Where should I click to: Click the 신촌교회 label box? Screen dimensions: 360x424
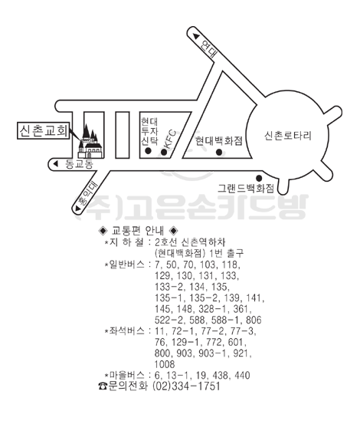(43, 130)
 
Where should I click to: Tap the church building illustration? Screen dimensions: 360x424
(90, 141)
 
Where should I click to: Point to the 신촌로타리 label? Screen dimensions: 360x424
(288, 136)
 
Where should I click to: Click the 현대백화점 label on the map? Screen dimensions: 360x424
(219, 141)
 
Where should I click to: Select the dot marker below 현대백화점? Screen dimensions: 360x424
(219, 153)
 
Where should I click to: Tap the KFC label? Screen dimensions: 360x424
(170, 140)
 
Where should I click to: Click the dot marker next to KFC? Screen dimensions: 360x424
(164, 152)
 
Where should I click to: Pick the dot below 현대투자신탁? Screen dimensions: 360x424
(148, 151)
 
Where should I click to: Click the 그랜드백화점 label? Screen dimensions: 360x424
(246, 188)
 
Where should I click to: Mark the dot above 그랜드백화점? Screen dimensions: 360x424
(259, 178)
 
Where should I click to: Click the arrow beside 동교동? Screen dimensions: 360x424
(56, 163)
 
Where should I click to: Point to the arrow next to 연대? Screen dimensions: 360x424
(196, 36)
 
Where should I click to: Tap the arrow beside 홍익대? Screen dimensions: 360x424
(78, 209)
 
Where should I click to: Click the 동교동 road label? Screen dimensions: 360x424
(80, 164)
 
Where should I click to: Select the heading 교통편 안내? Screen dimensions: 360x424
(138, 231)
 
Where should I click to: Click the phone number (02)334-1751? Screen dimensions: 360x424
(187, 386)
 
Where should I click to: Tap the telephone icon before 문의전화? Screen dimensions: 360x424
(103, 386)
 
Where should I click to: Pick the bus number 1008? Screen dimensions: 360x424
(165, 364)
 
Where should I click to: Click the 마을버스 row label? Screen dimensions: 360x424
(126, 375)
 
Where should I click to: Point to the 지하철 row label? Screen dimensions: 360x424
(126, 242)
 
